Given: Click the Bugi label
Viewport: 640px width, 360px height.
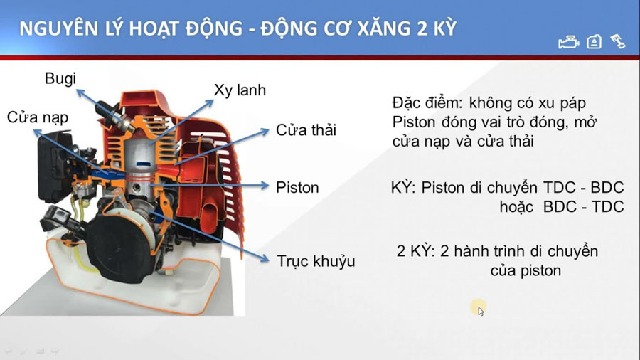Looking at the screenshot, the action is (x=60, y=79).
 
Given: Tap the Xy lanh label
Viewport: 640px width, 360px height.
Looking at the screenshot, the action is (x=240, y=90).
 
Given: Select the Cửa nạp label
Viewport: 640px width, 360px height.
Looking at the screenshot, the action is (x=38, y=117).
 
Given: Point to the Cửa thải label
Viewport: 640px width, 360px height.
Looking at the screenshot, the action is (x=306, y=130).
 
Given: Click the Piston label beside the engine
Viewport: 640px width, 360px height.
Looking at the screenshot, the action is (x=297, y=187).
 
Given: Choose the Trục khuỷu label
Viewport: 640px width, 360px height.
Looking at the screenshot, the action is (x=316, y=261).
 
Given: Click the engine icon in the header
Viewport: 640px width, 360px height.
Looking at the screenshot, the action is (x=569, y=42).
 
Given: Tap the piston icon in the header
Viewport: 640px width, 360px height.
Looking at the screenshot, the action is (x=618, y=42).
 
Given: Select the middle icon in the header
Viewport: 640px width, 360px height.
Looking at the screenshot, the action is (x=594, y=42).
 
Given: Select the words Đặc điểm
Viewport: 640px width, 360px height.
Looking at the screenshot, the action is (x=427, y=103).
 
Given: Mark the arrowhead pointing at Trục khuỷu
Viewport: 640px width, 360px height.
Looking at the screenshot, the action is (x=265, y=258).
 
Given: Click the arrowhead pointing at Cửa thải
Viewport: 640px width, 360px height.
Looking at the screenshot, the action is (x=265, y=131).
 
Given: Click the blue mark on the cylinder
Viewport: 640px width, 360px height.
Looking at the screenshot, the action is (x=144, y=164).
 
